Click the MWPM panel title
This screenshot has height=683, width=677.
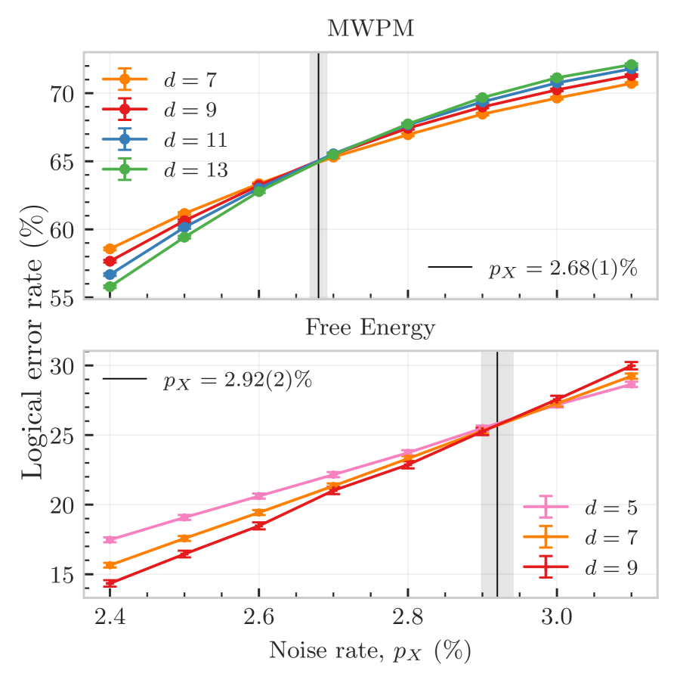369,29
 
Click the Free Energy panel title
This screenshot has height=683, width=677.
369,328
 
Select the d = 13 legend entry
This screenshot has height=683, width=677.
196,170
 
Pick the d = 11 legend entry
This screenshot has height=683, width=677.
196,140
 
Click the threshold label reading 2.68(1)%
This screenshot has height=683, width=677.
563,269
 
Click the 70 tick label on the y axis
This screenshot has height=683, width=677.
62,94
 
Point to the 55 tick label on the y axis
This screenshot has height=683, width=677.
62,298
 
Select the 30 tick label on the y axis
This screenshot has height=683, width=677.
62,366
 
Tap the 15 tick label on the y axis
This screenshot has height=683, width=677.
62,575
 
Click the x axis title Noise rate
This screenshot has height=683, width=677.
369,649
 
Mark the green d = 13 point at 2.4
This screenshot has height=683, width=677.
110,287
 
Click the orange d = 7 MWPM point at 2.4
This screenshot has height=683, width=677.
110,249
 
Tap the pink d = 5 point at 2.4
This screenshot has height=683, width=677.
110,539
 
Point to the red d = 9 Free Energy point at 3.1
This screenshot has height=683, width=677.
631,366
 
